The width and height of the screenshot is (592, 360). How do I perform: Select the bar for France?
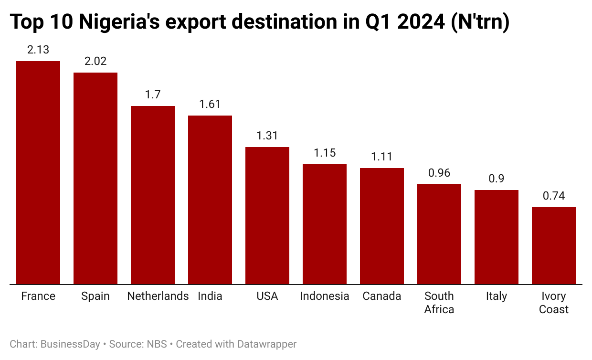click(x=38, y=172)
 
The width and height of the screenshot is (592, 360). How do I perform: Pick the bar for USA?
click(x=267, y=215)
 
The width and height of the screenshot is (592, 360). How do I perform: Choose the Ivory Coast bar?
click(x=554, y=245)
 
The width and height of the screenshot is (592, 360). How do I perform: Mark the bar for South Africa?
click(x=439, y=234)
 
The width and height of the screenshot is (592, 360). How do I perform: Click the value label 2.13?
click(x=38, y=50)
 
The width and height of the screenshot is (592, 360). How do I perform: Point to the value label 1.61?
click(x=210, y=104)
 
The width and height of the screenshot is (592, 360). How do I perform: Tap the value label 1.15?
click(x=325, y=153)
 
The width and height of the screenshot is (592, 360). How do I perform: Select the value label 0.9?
click(x=497, y=179)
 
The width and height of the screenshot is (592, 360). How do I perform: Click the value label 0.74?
click(x=554, y=196)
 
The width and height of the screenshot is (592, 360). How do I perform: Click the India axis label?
click(x=210, y=296)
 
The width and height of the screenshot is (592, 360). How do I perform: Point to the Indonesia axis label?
click(x=325, y=296)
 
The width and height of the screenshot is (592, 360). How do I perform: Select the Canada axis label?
click(x=382, y=296)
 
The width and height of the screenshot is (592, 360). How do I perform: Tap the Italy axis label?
click(x=497, y=296)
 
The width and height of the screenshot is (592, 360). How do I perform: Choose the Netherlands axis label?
click(x=158, y=296)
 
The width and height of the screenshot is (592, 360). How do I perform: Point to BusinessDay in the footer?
click(x=70, y=344)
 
